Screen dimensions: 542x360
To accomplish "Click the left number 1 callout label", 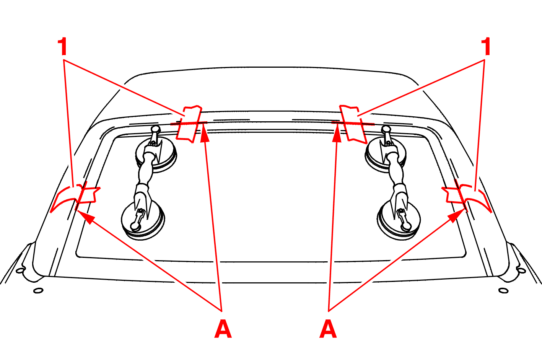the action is click(x=62, y=46).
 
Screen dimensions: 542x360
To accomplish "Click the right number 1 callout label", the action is click(x=486, y=46).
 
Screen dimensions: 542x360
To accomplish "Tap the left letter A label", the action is click(x=223, y=329).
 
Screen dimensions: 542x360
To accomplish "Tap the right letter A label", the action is click(x=328, y=329).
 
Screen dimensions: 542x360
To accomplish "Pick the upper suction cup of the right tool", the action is click(x=386, y=155).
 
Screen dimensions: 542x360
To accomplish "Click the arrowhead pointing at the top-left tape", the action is click(x=205, y=135).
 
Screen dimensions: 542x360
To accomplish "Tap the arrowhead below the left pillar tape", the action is click(x=86, y=217).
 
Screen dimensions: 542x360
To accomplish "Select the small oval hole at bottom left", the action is click(x=38, y=290).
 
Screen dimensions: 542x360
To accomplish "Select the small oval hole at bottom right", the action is click(x=503, y=290).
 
